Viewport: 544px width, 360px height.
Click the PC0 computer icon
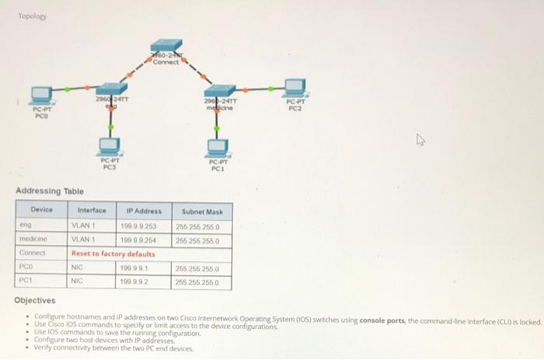[x=40, y=95]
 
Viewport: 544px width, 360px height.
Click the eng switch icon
[x=112, y=89]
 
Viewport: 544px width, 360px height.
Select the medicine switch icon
[x=220, y=93]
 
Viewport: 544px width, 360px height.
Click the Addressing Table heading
[x=50, y=191]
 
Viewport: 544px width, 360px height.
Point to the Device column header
[x=42, y=210]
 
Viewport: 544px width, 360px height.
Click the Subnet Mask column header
[x=202, y=211]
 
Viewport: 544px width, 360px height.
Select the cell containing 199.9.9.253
[x=139, y=226]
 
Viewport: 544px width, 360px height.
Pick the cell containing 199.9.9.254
[x=139, y=240]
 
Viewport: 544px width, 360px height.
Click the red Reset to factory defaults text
[x=113, y=253]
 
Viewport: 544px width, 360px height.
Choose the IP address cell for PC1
[x=135, y=281]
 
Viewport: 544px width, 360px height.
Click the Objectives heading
[x=35, y=300]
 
